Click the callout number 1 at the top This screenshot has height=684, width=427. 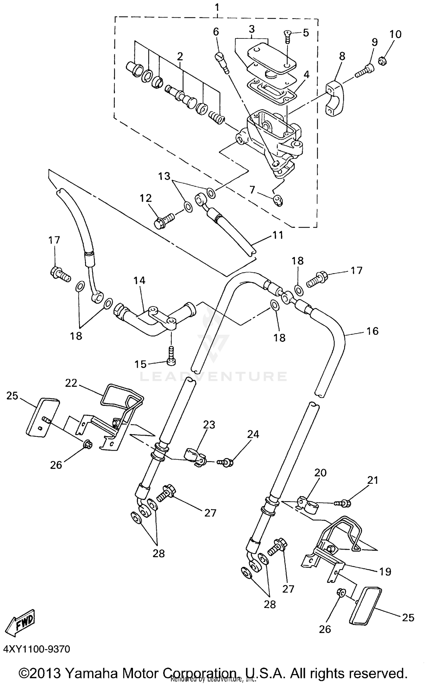(217, 7)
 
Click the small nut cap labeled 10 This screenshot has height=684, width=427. (382, 60)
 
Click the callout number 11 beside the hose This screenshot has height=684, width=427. (278, 235)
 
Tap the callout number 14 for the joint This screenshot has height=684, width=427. (139, 281)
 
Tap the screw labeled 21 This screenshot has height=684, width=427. (344, 504)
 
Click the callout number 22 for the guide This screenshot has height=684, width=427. (71, 383)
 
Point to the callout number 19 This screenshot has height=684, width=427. (385, 571)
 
